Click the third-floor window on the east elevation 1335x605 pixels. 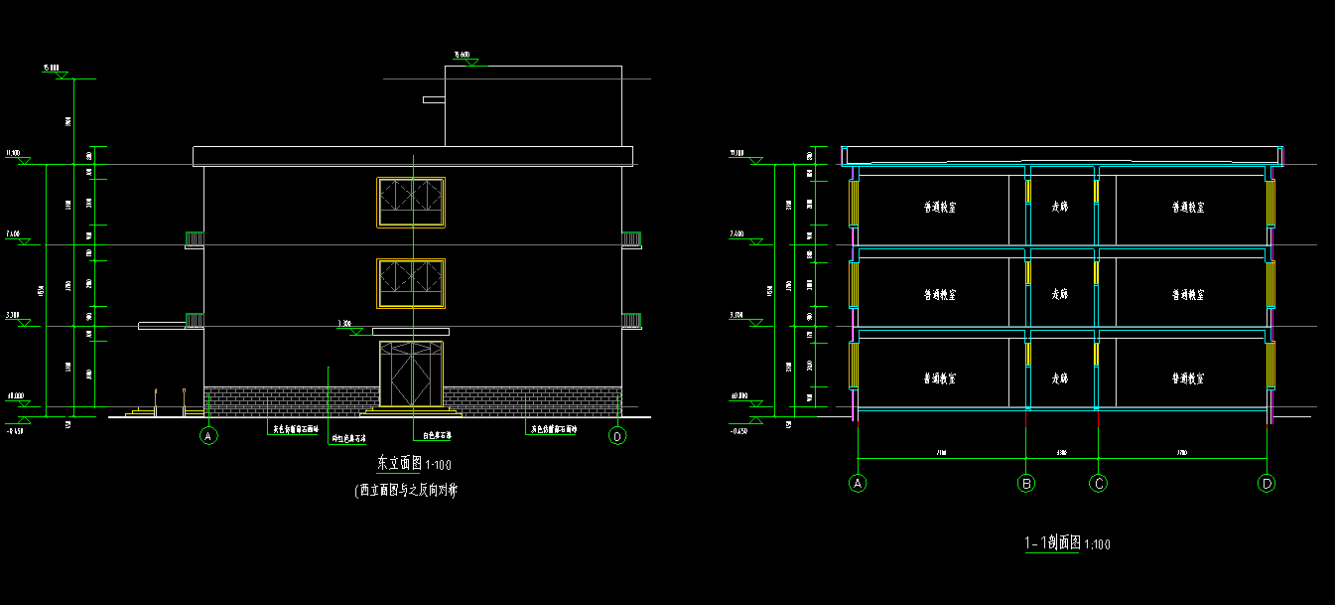[411, 203]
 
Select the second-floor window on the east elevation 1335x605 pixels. [411, 284]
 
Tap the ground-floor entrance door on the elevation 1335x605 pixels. [411, 375]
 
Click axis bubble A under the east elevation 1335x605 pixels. [208, 435]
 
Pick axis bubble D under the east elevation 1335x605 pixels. [617, 435]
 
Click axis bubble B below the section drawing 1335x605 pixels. [1027, 484]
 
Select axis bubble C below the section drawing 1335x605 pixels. [1098, 484]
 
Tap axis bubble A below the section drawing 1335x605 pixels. [858, 484]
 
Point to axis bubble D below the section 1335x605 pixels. [1267, 484]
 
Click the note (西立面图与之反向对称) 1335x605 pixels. [406, 490]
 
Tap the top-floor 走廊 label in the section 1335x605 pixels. [1060, 208]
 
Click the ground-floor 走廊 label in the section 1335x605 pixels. [1060, 378]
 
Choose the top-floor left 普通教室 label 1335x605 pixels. [939, 208]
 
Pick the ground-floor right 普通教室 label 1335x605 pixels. [1188, 378]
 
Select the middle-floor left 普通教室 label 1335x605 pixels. [939, 295]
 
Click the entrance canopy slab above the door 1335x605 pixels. [411, 331]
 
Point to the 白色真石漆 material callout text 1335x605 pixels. [437, 435]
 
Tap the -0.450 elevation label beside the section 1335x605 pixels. [738, 431]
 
